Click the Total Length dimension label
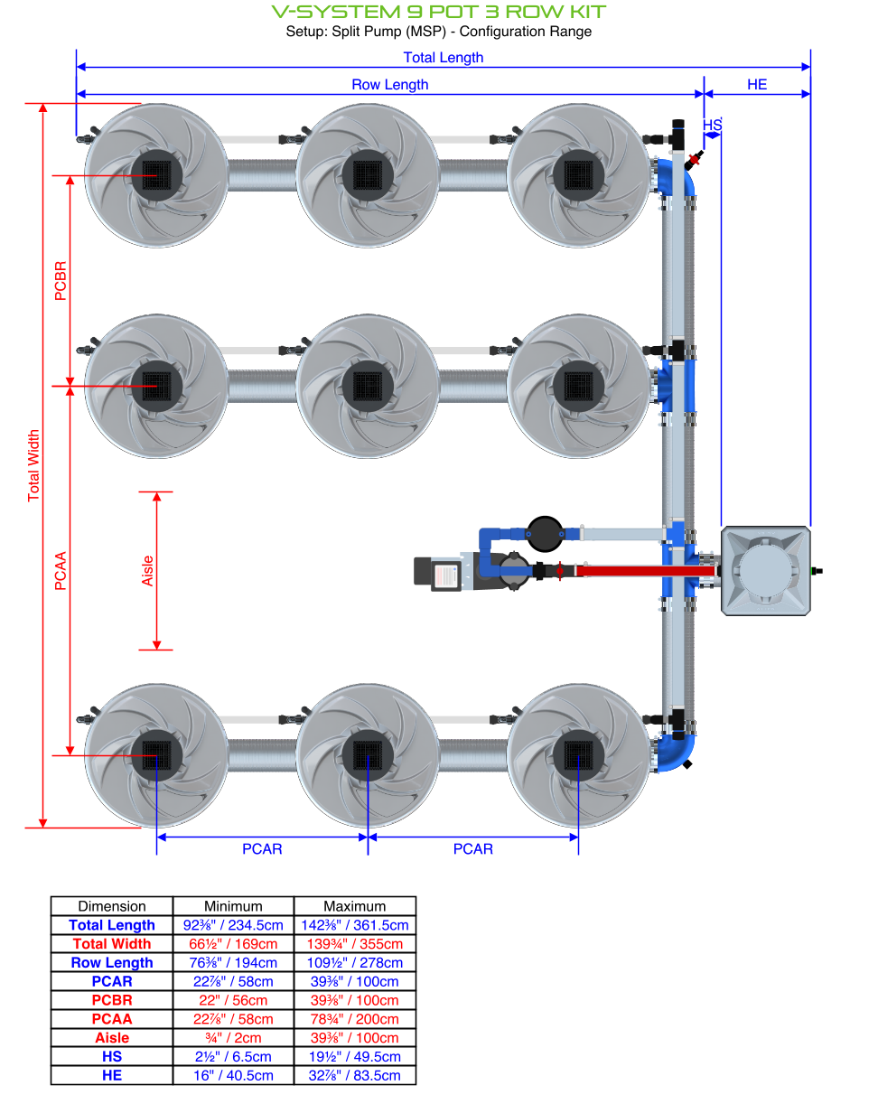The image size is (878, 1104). pos(443,58)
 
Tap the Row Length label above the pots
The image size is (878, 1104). pos(389,85)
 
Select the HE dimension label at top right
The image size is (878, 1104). pos(757,85)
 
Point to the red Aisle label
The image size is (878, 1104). pos(148,571)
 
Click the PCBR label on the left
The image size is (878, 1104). pos(61,280)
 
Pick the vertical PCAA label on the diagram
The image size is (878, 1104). pos(61,571)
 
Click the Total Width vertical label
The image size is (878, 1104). pos(34,465)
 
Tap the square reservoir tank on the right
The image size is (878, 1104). pos(765,571)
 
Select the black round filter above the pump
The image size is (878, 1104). pos(544,533)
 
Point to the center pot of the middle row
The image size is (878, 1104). pos(368,386)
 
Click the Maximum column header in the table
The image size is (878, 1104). pos(355,906)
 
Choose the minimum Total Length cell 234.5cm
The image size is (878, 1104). pos(233,925)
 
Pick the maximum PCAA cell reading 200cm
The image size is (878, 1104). pos(355,1019)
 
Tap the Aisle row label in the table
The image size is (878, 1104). pos(112,1038)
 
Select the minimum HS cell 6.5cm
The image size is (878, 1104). pos(233,1057)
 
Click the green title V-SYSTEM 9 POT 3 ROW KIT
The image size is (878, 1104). pos(439,12)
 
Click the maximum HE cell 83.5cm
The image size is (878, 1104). pos(355,1076)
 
